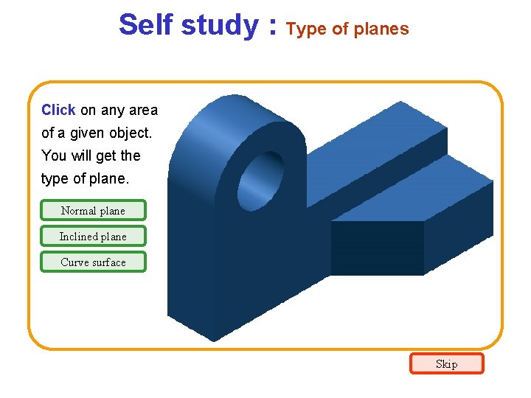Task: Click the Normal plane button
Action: (x=93, y=211)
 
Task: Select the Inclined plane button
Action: (x=93, y=237)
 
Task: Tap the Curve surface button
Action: (x=93, y=262)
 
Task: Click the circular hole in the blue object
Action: (x=260, y=180)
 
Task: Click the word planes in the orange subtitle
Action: (x=381, y=29)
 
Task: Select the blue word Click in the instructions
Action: (x=58, y=111)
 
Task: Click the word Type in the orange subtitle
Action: (x=305, y=29)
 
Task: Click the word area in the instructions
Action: (x=143, y=111)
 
